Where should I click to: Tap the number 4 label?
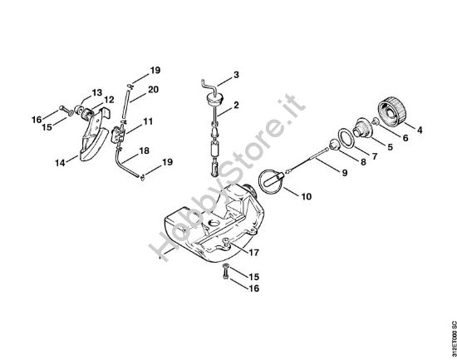coord(419,130)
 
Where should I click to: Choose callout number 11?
coord(148,122)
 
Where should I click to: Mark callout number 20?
coord(154,89)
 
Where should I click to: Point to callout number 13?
coord(96,92)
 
